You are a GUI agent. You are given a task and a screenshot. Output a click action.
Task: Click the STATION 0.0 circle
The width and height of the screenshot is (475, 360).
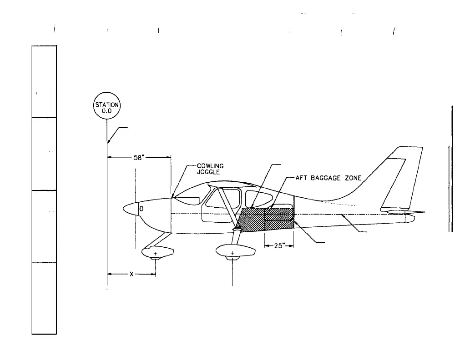point(107,107)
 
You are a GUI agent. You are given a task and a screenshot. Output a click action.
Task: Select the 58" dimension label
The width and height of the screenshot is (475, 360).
point(139,158)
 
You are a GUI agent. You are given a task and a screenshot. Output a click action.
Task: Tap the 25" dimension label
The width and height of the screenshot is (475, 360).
point(279,246)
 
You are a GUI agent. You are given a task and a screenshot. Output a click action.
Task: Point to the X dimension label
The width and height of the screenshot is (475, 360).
point(131,274)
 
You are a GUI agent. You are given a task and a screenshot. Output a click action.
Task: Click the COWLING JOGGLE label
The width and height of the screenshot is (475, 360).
point(210,169)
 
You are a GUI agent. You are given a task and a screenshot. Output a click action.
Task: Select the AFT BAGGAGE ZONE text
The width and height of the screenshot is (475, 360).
point(328,178)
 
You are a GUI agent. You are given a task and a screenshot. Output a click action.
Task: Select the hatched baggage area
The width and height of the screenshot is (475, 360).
point(266,219)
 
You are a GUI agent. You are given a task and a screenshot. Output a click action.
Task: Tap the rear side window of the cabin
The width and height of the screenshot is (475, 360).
point(259,199)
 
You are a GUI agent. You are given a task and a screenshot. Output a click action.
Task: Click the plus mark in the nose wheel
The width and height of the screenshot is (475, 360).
point(156,253)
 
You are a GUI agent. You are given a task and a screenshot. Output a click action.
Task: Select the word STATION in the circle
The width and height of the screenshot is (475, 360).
point(107,104)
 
